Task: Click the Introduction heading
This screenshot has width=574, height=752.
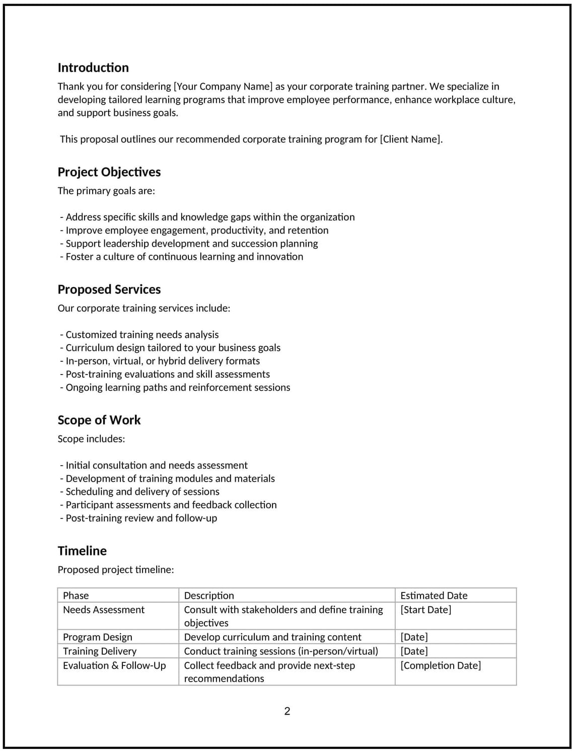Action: pyautogui.click(x=93, y=68)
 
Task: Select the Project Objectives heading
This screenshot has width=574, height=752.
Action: pyautogui.click(x=109, y=172)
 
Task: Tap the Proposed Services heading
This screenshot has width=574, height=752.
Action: pyautogui.click(x=109, y=289)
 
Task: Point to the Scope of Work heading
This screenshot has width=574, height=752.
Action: pyautogui.click(x=99, y=420)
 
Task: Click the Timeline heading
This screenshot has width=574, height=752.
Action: pyautogui.click(x=82, y=551)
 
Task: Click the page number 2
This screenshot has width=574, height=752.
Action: pyautogui.click(x=287, y=711)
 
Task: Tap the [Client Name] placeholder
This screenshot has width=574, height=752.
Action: pyautogui.click(x=411, y=139)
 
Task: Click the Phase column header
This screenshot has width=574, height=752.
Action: pyautogui.click(x=76, y=595)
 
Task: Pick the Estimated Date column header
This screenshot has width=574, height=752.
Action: pyautogui.click(x=434, y=595)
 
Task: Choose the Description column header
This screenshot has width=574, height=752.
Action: pyautogui.click(x=209, y=595)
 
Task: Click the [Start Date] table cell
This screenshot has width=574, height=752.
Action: pyautogui.click(x=425, y=610)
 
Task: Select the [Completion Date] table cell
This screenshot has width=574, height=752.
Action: pyautogui.click(x=441, y=665)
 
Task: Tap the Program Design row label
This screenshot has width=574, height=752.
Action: pyautogui.click(x=98, y=637)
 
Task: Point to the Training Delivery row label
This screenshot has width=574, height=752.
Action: pyautogui.click(x=100, y=651)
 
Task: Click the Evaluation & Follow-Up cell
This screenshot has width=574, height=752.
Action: pyautogui.click(x=114, y=665)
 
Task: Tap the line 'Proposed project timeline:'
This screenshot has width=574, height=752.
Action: pyautogui.click(x=116, y=570)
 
